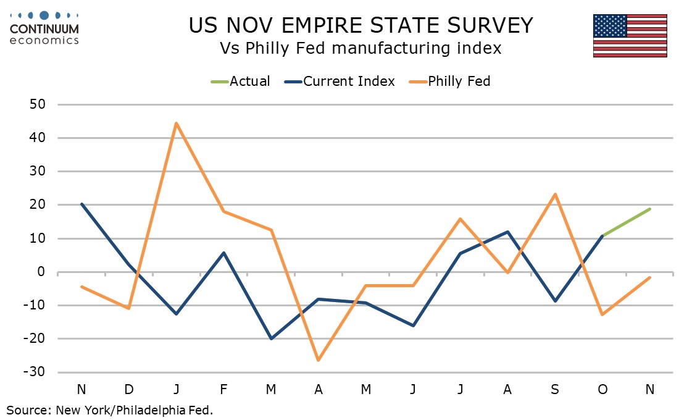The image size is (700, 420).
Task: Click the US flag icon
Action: [630, 35]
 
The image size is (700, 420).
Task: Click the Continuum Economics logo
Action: [44, 28]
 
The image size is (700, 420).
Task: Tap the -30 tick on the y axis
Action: [34, 372]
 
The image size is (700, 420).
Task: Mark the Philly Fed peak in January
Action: [177, 124]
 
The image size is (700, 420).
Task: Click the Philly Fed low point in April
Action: [319, 360]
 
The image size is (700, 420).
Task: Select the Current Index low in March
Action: [271, 338]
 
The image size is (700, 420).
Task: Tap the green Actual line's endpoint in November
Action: [649, 209]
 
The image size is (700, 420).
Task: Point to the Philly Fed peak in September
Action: [555, 194]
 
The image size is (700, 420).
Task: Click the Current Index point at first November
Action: [81, 204]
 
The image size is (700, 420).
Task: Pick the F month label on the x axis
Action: [223, 390]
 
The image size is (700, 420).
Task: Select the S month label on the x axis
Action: [555, 390]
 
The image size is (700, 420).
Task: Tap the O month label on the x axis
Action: [602, 390]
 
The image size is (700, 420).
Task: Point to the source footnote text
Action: [110, 410]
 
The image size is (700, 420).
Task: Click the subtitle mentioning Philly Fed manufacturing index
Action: [360, 48]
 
